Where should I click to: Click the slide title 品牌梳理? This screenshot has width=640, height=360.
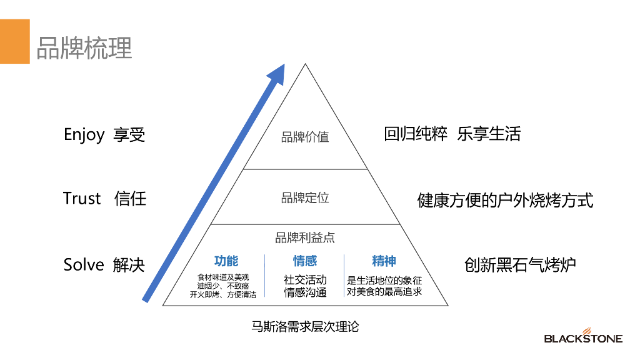(x=84, y=47)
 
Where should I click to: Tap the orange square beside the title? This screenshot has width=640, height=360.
(x=14, y=41)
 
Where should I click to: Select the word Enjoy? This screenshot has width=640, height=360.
(x=84, y=134)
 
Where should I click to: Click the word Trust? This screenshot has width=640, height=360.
(x=82, y=199)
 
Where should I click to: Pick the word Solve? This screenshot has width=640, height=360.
(x=84, y=264)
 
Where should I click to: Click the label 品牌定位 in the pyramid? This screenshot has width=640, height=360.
(x=305, y=198)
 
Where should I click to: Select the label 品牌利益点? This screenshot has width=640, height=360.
(x=305, y=237)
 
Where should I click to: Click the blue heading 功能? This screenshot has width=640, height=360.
(x=226, y=261)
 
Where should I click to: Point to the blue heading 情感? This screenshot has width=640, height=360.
(x=305, y=261)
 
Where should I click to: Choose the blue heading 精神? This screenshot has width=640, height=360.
(x=384, y=261)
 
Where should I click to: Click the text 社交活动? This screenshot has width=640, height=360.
(x=305, y=280)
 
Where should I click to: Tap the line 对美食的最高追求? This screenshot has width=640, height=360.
(x=384, y=291)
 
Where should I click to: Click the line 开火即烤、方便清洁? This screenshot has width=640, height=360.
(x=223, y=294)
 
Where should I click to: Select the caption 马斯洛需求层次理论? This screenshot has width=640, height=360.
(x=305, y=326)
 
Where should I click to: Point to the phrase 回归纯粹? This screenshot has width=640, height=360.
(x=416, y=134)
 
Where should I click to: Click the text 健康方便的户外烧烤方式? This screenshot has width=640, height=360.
(x=505, y=201)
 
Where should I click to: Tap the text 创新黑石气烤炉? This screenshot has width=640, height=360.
(x=520, y=264)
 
